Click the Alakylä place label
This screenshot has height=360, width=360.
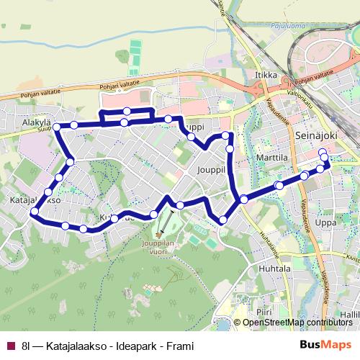click(35, 123)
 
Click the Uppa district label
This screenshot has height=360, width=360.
click(325, 223)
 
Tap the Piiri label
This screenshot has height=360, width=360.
click(265, 313)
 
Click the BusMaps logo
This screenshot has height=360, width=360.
click(327, 346)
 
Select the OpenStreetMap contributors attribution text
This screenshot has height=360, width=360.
click(297, 323)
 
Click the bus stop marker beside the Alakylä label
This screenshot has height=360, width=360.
click(57, 127)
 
